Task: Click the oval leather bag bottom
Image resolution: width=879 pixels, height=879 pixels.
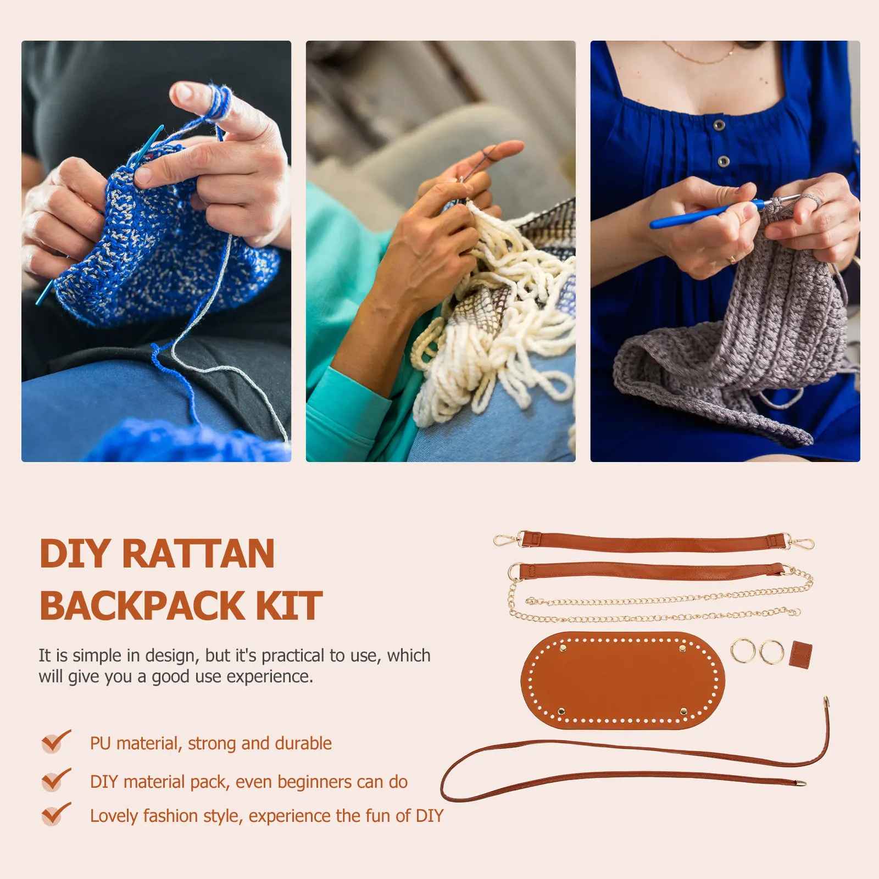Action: (623, 681)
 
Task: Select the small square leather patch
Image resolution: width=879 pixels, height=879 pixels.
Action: (801, 654)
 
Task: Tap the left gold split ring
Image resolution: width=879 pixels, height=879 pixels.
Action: (743, 651)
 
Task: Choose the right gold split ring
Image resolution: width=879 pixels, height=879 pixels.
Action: (772, 652)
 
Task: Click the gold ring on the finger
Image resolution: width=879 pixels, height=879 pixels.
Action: (733, 258)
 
